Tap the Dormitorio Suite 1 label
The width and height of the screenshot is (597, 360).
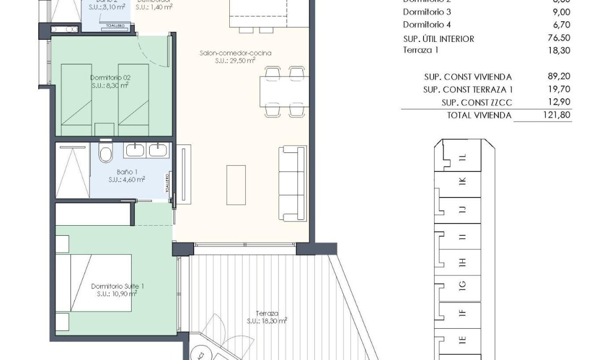(117, 286)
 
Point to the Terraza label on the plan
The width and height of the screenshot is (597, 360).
(266, 314)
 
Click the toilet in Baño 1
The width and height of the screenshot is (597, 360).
(106, 153)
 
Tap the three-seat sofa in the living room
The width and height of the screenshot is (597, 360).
(293, 183)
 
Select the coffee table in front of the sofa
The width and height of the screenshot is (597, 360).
(236, 185)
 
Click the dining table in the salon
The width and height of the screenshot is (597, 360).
(284, 91)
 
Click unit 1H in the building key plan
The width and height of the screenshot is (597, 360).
(462, 261)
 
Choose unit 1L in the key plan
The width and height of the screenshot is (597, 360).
(462, 157)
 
